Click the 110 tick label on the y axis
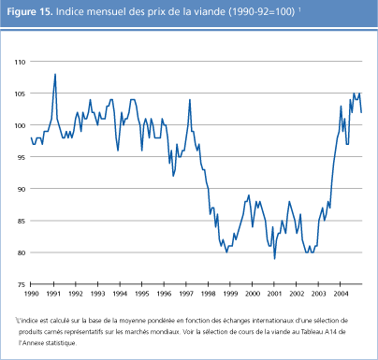(18, 62)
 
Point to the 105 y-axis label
(18, 94)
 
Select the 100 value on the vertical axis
(18, 125)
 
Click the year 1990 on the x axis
(33, 294)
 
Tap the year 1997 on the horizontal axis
(184, 294)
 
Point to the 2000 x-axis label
(250, 294)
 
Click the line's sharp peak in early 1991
(55, 74)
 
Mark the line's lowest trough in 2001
(274, 258)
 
